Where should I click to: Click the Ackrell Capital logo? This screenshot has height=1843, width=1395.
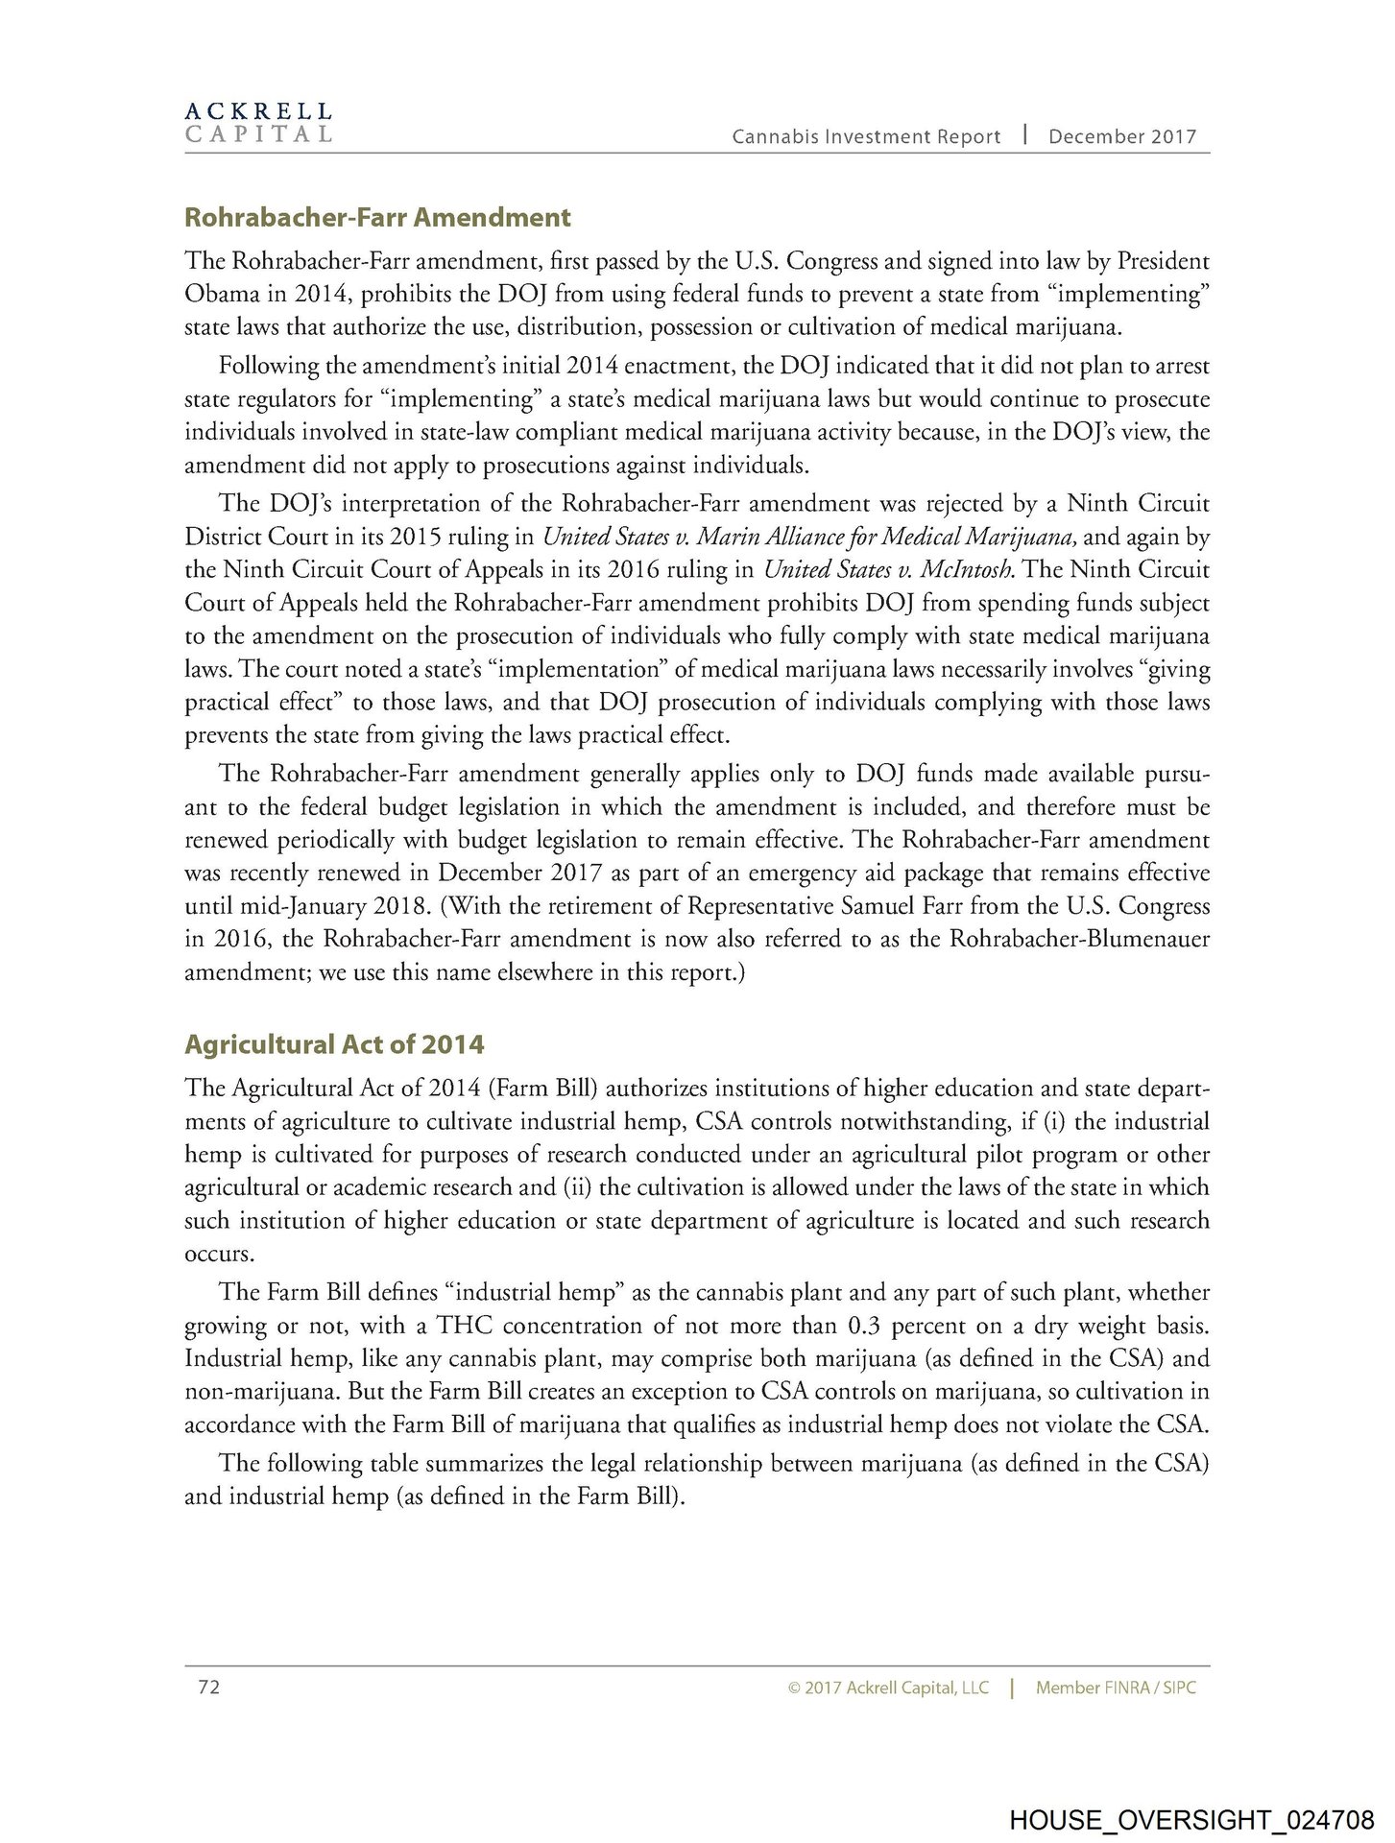258,123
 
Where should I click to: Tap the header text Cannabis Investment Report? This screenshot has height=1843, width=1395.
866,136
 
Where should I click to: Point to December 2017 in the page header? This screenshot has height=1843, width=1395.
1122,136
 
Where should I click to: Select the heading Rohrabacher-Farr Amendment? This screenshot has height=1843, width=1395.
377,218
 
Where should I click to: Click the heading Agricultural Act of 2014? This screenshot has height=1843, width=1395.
334,1044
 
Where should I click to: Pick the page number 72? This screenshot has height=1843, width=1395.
209,1687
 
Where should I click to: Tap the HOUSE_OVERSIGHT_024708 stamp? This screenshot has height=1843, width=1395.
1191,1818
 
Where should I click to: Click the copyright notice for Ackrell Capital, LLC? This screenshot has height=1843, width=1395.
887,1687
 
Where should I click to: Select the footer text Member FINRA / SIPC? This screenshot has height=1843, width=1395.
1116,1687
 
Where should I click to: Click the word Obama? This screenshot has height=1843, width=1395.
215,295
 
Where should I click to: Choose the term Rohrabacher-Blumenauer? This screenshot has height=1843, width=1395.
1079,939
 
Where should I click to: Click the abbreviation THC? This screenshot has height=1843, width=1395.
465,1326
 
